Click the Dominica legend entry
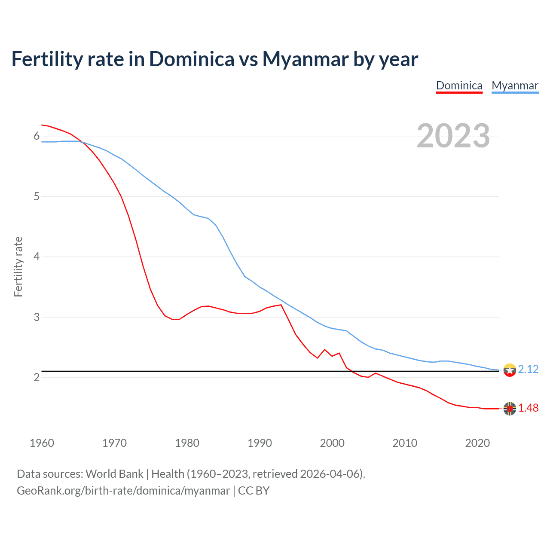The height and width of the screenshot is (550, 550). [x=459, y=86]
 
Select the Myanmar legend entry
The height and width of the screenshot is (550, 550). [x=515, y=86]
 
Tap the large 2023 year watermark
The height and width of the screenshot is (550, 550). [x=453, y=136]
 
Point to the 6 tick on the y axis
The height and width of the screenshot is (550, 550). [x=37, y=136]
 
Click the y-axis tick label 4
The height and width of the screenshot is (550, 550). [x=37, y=257]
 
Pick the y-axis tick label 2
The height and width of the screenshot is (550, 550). [x=37, y=378]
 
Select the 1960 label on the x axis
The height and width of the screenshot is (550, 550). [x=42, y=443]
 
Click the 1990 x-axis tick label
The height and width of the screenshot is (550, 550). [x=260, y=443]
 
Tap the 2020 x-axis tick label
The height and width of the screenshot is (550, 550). [x=477, y=443]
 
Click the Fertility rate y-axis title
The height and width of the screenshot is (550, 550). [x=18, y=266]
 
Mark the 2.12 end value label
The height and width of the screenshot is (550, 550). [x=528, y=370]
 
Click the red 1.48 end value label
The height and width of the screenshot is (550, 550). [x=528, y=408]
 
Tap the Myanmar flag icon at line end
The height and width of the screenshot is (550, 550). [x=510, y=370]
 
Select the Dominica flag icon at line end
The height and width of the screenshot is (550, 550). [x=510, y=409]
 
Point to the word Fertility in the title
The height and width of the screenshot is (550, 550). [x=47, y=59]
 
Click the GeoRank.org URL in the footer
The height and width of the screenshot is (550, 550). [x=123, y=491]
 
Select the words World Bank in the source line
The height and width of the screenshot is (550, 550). [x=114, y=474]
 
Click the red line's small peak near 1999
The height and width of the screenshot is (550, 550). [x=324, y=350]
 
